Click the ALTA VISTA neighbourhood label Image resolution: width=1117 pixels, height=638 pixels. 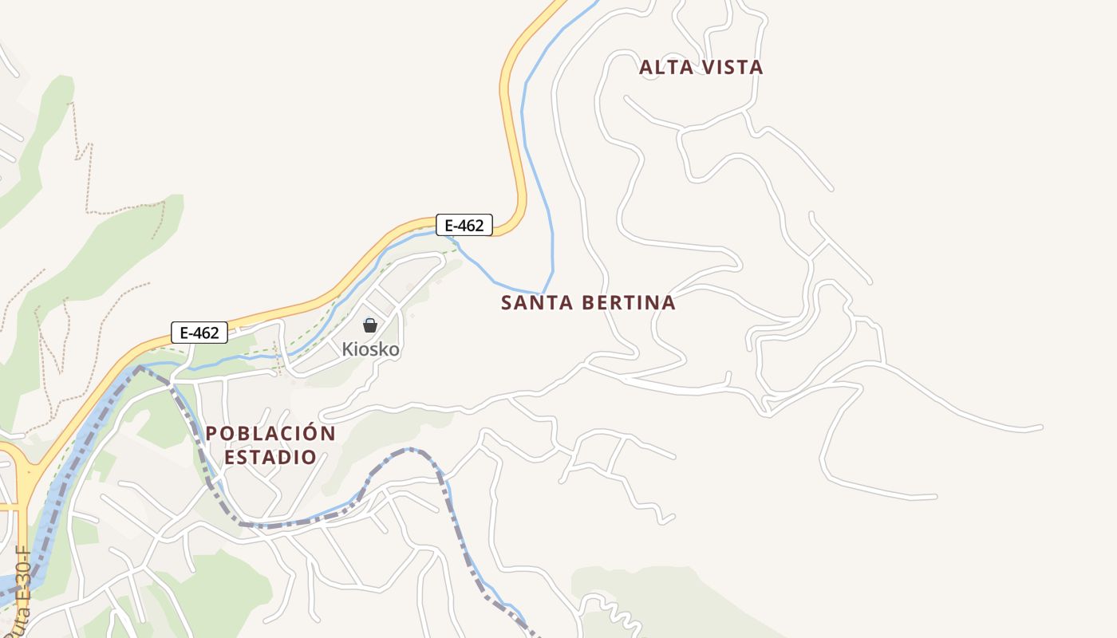(x=701, y=68)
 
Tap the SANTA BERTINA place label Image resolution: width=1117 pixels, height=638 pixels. (x=588, y=303)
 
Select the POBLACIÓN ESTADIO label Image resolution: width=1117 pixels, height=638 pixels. (x=270, y=445)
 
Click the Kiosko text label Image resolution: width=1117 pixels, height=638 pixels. (x=370, y=349)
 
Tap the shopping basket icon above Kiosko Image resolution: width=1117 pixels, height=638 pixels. (x=370, y=325)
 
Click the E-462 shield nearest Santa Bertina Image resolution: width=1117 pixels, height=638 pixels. (x=464, y=225)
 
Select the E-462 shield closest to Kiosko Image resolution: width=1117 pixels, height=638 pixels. (x=199, y=333)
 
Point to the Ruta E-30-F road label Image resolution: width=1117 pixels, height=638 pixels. (x=22, y=590)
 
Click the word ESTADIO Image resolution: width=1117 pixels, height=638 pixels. (x=270, y=458)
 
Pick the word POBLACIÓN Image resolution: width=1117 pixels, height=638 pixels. (x=270, y=434)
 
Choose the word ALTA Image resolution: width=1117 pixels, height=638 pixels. (x=663, y=68)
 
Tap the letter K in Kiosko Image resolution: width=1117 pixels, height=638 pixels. (x=347, y=349)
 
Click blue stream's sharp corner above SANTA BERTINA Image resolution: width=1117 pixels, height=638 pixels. (x=543, y=293)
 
